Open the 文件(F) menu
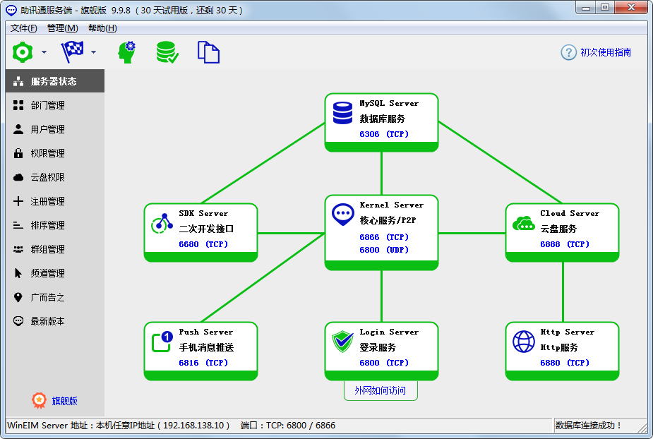click(x=23, y=28)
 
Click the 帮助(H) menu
click(x=102, y=28)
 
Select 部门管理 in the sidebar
click(x=47, y=105)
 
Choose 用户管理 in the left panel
click(x=47, y=129)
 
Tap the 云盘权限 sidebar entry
click(x=47, y=177)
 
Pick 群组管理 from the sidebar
click(x=47, y=249)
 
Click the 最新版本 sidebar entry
click(x=47, y=321)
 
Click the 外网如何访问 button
click(x=381, y=390)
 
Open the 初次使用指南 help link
click(x=605, y=52)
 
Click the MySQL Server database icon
click(x=342, y=112)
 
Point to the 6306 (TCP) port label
click(x=384, y=134)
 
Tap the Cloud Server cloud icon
click(x=523, y=223)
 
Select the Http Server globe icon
click(x=523, y=342)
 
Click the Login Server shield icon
click(x=342, y=342)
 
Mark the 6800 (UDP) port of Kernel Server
click(x=384, y=250)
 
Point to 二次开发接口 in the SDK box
click(x=206, y=229)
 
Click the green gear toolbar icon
click(x=23, y=52)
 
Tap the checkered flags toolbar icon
click(x=72, y=52)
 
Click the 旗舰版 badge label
click(x=64, y=401)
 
